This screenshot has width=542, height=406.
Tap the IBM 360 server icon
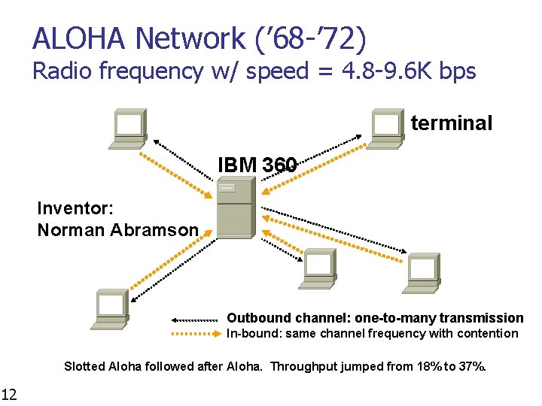[x=233, y=209]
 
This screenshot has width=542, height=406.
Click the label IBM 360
[x=257, y=164]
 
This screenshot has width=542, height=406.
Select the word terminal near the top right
[x=452, y=123]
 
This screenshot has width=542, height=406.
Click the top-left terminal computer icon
[x=129, y=127]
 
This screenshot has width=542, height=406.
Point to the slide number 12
[x=9, y=393]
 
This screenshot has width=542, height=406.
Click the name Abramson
[x=157, y=230]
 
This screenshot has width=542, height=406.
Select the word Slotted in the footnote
[x=84, y=367]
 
